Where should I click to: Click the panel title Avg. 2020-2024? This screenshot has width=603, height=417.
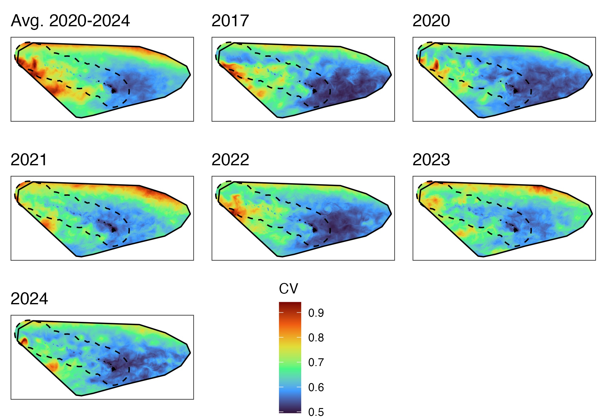coord(70,21)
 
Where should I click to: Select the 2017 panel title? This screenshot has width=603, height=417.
coord(230,21)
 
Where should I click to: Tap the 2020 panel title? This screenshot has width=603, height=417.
coord(431,21)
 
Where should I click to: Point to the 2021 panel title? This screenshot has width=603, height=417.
coord(29,160)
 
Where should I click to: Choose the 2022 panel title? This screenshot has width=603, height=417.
coord(230,160)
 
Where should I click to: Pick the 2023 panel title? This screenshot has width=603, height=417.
coord(431,160)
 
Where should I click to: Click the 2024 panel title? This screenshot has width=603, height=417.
coord(29,299)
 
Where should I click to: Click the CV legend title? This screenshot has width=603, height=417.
coord(288,289)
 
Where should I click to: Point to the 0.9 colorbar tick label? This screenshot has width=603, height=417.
coord(316,313)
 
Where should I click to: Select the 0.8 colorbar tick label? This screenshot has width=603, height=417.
coord(316,338)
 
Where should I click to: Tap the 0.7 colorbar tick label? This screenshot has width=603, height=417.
coord(316,362)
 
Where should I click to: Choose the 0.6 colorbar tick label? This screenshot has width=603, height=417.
coord(316,387)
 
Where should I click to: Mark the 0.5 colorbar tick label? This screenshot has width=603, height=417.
coord(316,412)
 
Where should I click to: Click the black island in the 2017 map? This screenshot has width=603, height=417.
coord(314,91)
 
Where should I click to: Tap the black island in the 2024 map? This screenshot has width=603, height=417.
coord(114,369)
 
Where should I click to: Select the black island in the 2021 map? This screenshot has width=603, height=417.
coord(114,230)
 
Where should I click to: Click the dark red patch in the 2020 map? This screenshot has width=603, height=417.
coord(436,65)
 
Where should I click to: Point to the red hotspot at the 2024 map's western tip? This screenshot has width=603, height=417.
coord(24,341)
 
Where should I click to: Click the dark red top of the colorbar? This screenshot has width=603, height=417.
coord(290,305)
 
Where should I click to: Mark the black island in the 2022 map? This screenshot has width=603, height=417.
coord(314,230)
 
